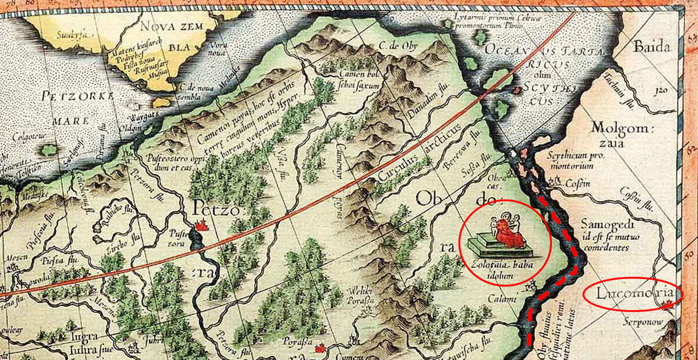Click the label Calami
click(x=504, y=299)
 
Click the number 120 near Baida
click(x=658, y=91)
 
